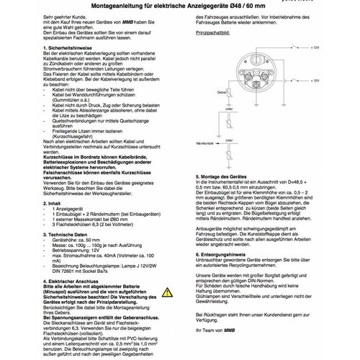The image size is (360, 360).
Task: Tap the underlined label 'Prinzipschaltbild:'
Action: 216,33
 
